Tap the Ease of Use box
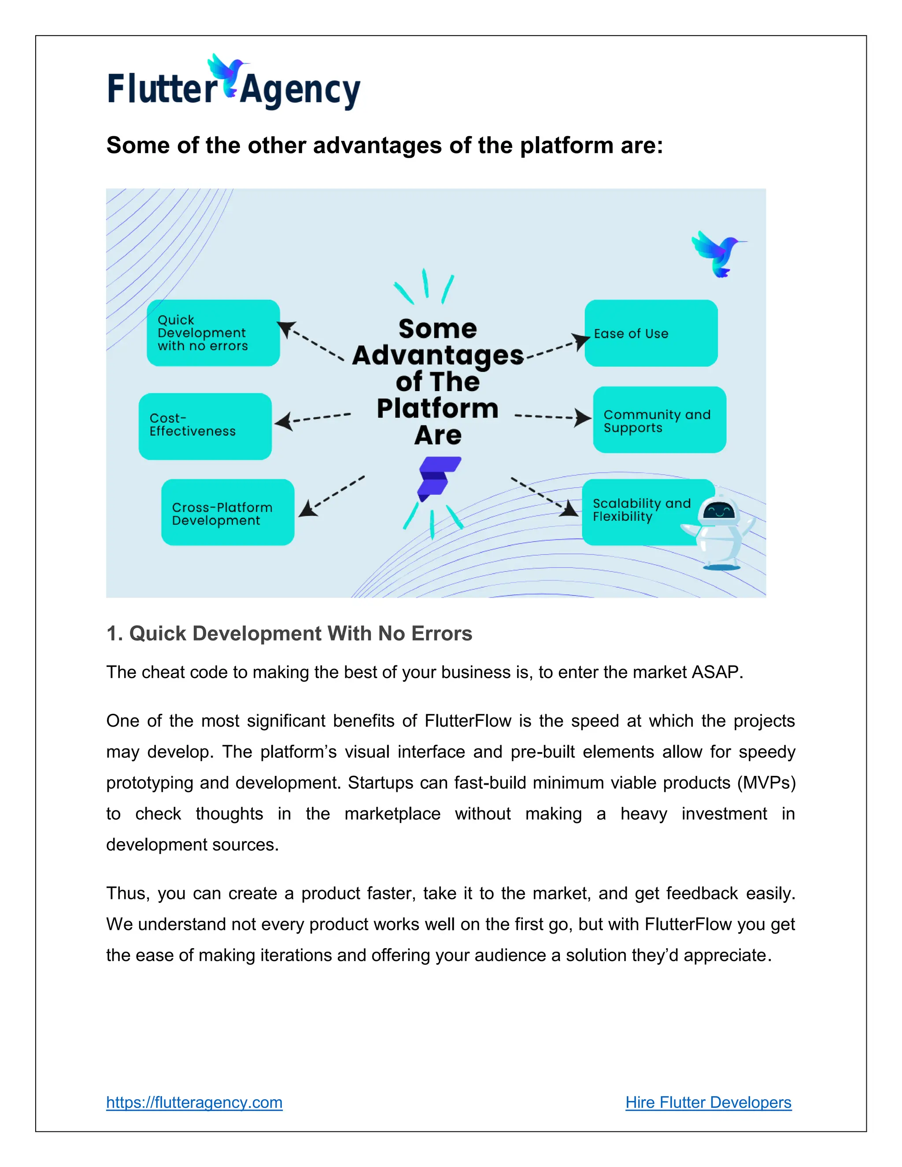point(651,333)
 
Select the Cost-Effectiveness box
point(205,426)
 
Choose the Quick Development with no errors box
point(213,332)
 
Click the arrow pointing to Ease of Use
point(558,347)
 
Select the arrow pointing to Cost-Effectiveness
point(313,418)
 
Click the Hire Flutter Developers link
point(708,1102)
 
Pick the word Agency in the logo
point(300,90)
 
